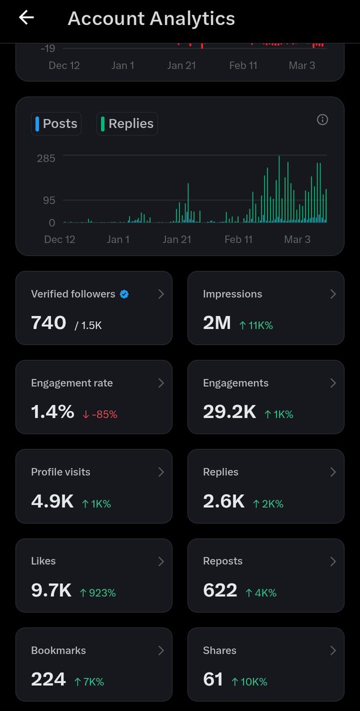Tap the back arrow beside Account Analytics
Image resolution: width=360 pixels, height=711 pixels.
point(27,18)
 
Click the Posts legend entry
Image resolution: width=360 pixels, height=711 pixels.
point(56,124)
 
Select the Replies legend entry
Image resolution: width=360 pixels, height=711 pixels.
point(127,124)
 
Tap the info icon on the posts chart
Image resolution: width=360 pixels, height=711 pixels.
point(323,120)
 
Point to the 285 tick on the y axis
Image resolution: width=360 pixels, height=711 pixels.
point(46,158)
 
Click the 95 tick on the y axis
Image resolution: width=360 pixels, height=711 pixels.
point(48,200)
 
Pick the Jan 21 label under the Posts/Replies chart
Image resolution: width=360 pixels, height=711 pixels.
point(177,239)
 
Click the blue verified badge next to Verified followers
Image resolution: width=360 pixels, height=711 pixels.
point(124,294)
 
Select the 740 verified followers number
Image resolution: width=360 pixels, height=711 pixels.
point(49,323)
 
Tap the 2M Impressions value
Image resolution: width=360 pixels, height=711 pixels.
point(217,323)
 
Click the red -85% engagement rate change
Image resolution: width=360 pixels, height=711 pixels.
point(100,415)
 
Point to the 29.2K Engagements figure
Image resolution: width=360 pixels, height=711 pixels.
point(229,412)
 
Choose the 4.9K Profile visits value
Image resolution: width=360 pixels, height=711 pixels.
point(52,502)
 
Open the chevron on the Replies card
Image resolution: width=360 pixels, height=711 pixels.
point(333,472)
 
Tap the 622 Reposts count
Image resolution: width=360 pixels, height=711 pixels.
point(220,591)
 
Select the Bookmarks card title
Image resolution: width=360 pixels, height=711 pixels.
point(58,650)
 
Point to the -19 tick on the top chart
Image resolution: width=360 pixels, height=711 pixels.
point(48,49)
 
